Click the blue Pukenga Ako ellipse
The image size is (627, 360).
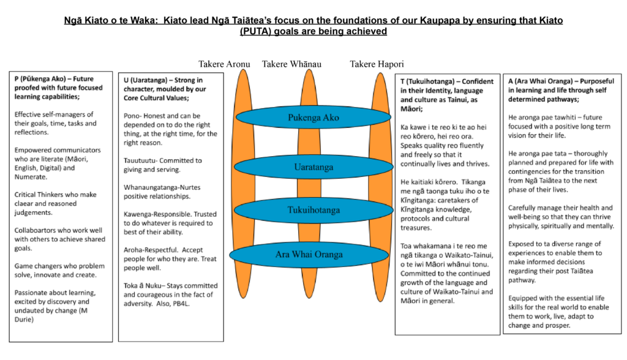coord(313,117)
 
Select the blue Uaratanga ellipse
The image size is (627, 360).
coord(313,167)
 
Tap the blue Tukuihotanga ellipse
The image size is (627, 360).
coord(313,210)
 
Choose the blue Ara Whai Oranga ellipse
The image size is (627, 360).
coord(309,255)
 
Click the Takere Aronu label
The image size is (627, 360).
coord(224,64)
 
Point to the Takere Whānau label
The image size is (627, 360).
coord(291,64)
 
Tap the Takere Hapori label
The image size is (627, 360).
coord(377,64)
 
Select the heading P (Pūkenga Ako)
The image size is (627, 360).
coord(40,79)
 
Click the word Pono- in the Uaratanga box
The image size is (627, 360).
coord(133,116)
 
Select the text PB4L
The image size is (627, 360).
coord(181,304)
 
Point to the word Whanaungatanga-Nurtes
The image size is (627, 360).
coord(162,187)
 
